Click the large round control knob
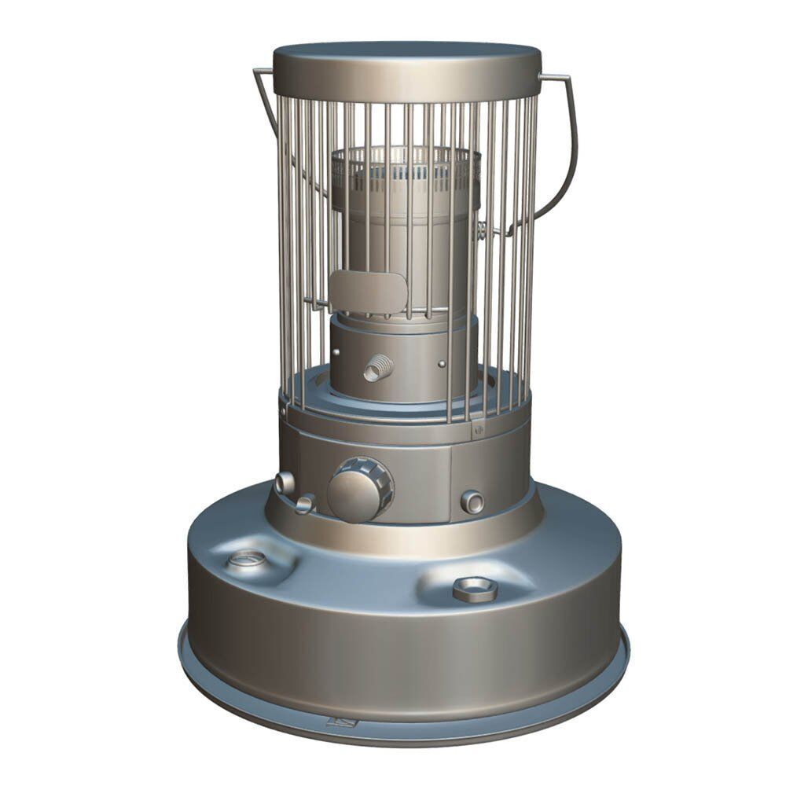tap(358, 489)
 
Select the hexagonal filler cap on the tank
tap(475, 588)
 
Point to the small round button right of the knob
tap(472, 500)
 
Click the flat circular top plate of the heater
tap(406, 59)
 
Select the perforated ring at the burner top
tap(405, 168)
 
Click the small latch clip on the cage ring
tap(477, 429)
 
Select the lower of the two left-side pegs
tap(304, 504)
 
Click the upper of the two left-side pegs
tap(284, 482)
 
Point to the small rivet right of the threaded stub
tap(442, 364)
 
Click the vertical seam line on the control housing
tap(451, 483)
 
